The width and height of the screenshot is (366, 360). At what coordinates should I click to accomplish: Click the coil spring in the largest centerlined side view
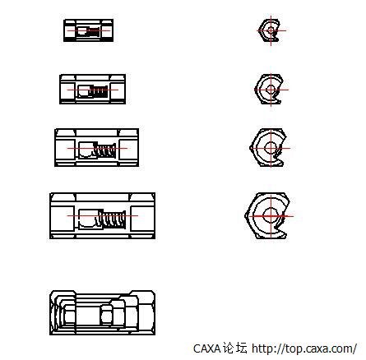[x=113, y=219]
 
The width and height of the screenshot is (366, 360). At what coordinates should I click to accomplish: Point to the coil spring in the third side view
[x=104, y=150]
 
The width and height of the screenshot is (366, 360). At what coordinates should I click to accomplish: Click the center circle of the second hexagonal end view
[x=271, y=90]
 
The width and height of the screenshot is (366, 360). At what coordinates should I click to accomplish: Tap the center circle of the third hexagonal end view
[x=271, y=148]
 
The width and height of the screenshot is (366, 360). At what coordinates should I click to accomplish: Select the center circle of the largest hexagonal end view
[x=271, y=215]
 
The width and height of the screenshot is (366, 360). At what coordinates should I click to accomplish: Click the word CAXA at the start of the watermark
[x=206, y=348]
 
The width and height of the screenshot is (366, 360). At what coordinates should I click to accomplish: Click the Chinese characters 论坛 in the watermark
[x=234, y=348]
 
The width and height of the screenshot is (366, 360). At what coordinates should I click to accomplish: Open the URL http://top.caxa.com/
[x=304, y=348]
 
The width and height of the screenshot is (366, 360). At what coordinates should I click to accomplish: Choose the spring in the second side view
[x=100, y=92]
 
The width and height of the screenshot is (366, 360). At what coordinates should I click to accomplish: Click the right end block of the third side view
[x=128, y=150]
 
